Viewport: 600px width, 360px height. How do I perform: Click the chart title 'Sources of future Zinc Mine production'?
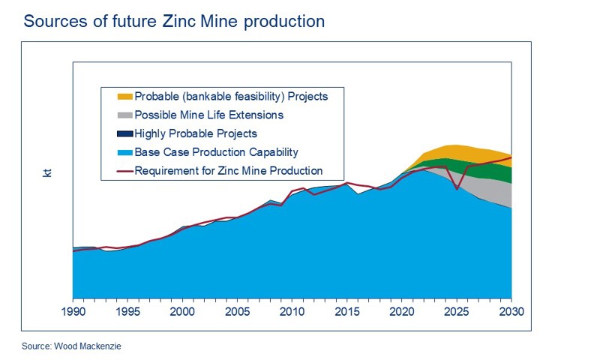(x=174, y=21)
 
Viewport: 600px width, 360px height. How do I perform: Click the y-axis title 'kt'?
(x=47, y=173)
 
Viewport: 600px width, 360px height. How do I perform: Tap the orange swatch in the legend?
(x=124, y=97)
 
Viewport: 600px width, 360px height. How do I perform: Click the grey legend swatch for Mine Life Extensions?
(x=124, y=115)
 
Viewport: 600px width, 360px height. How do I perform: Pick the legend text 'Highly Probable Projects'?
(x=196, y=133)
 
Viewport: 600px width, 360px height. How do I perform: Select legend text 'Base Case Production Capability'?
(x=216, y=152)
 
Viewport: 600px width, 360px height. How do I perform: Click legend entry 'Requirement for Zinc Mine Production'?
(x=228, y=171)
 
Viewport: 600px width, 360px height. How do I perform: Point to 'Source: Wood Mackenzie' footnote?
(x=70, y=347)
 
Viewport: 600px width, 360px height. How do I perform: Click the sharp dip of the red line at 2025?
(x=457, y=189)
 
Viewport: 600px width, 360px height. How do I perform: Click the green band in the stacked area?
(x=487, y=169)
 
